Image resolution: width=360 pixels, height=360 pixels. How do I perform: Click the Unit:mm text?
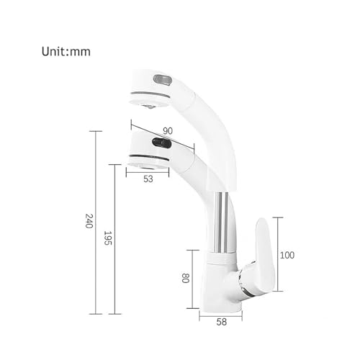pos(66,51)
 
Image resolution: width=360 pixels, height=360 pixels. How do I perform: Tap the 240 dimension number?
pos(89,221)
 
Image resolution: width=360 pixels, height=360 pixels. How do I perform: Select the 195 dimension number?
pos(108,238)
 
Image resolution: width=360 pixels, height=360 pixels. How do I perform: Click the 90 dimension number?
pos(168,131)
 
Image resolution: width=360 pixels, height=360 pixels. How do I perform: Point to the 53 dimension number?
pos(148,179)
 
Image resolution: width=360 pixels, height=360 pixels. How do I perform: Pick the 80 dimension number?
pos(186,278)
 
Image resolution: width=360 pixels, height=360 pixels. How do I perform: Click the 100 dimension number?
pos(287,255)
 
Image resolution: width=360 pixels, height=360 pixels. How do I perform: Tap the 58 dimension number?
pos(221,322)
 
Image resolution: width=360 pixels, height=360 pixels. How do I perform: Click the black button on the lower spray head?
pos(161,143)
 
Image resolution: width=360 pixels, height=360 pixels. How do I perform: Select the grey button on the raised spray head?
pos(163,79)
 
